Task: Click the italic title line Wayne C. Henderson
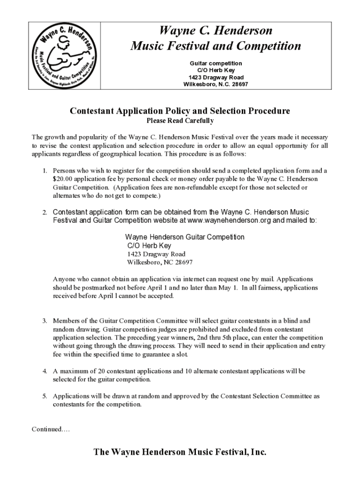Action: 216,31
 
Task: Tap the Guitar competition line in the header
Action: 216,63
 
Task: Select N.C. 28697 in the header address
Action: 231,84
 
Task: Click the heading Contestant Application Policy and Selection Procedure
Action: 180,111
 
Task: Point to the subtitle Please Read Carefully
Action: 180,121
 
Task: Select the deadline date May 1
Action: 228,288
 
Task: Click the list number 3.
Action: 45,321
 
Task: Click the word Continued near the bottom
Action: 46,429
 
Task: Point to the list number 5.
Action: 45,396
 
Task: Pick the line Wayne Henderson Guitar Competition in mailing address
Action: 185,237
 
